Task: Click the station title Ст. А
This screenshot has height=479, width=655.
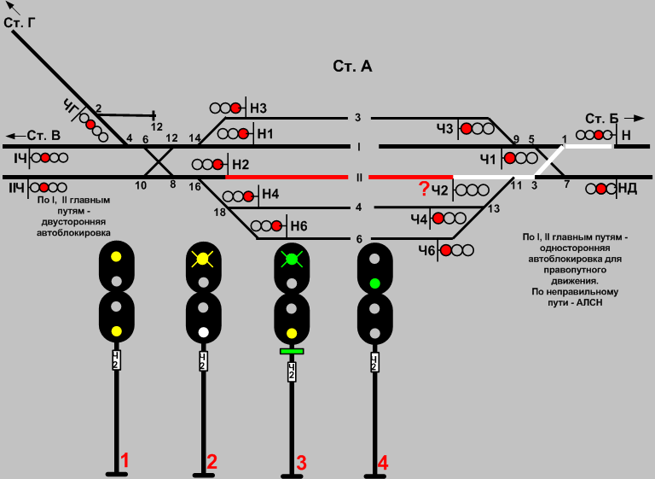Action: tap(352, 67)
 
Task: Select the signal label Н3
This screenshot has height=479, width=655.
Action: tap(258, 108)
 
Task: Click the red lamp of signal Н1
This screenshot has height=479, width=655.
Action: tap(243, 133)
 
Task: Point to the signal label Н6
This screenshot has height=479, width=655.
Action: tap(298, 226)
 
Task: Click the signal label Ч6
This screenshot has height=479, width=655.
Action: tap(427, 249)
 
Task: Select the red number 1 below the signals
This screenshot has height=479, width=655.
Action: tap(125, 461)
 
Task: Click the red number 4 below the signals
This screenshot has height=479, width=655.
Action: tap(383, 463)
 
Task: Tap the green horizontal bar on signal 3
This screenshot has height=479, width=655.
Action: tap(292, 350)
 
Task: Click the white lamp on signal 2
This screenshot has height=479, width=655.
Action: tap(203, 331)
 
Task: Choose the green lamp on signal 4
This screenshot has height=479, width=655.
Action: tap(374, 282)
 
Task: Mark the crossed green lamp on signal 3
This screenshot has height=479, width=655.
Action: tap(292, 257)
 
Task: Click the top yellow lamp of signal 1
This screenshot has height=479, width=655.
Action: tap(116, 255)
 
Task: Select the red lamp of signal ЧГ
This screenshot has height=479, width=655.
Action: tap(90, 124)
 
